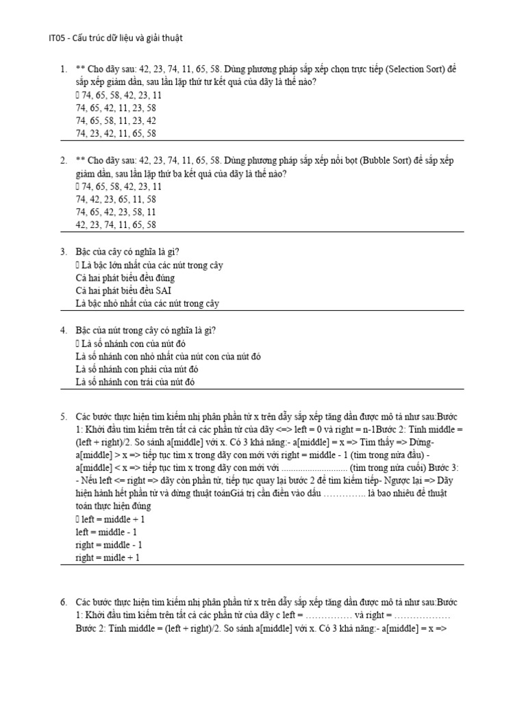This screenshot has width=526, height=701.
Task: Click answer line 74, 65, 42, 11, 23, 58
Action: coord(116,108)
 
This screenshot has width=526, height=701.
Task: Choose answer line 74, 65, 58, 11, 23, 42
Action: coord(116,121)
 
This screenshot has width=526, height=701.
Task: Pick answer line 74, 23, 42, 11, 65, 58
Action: coord(116,134)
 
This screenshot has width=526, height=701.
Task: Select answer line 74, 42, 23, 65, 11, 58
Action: coord(116,199)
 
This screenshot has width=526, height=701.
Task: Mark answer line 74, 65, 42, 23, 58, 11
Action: coord(116,212)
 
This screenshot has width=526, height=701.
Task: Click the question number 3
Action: coord(63,252)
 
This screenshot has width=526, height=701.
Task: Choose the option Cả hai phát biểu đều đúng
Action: coord(125,278)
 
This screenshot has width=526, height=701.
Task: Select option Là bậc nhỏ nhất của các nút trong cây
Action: coord(147,304)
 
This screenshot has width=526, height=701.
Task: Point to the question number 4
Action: coord(63,331)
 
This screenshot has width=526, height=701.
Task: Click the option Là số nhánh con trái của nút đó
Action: coord(135,383)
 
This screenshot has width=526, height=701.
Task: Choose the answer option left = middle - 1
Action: coord(107,532)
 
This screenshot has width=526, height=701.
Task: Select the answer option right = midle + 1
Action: coord(108,558)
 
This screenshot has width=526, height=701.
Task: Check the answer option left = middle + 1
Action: coord(113,520)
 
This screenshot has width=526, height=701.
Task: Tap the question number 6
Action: coord(63,602)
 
